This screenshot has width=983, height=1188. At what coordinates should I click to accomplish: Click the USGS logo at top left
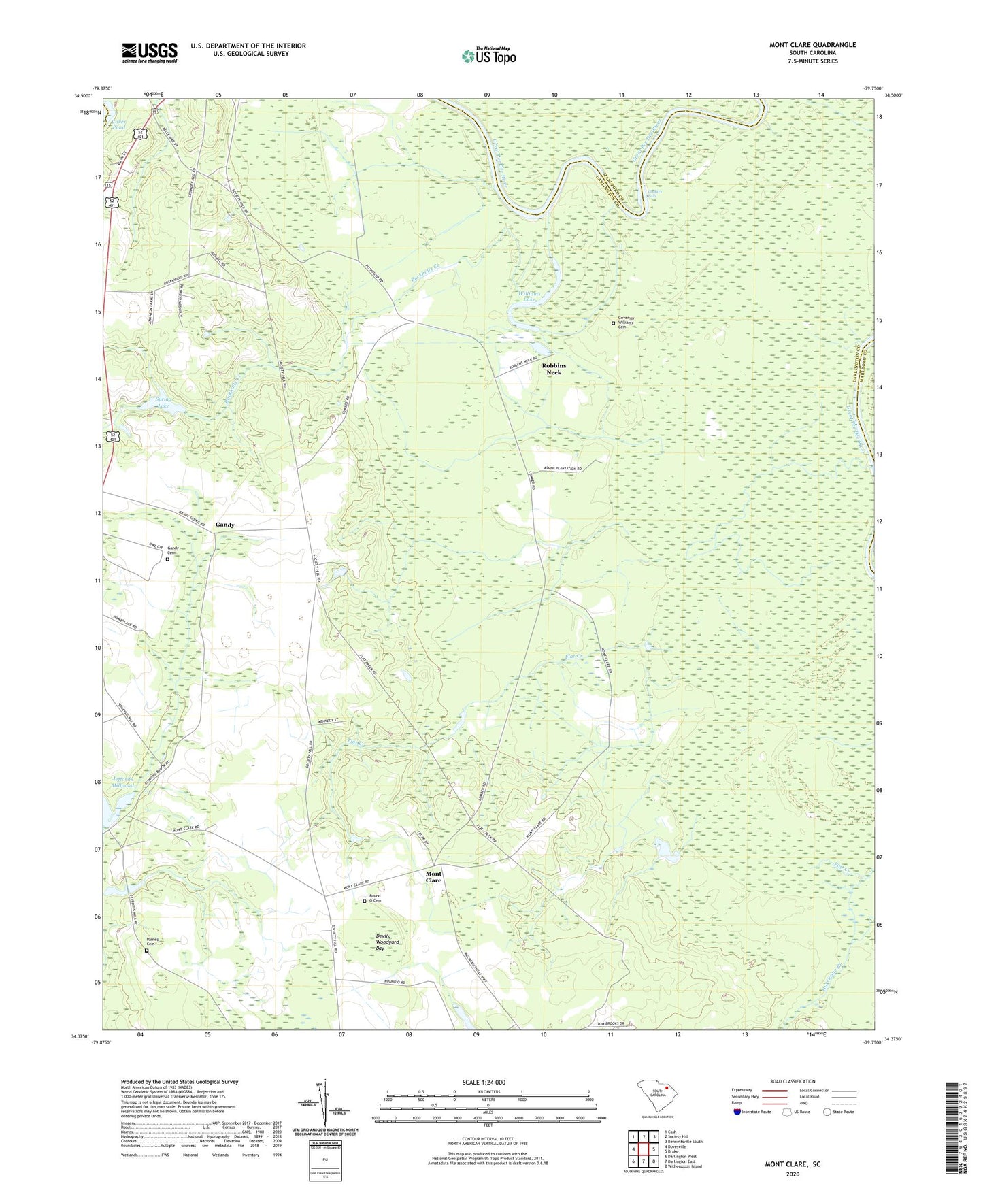pyautogui.click(x=150, y=52)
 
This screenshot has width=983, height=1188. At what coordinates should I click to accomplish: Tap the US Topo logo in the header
pyautogui.click(x=488, y=56)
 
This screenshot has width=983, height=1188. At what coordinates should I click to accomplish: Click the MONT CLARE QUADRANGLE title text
pyautogui.click(x=812, y=45)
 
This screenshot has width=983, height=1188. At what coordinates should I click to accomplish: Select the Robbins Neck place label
pyautogui.click(x=554, y=369)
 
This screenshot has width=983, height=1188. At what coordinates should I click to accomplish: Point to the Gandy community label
pyautogui.click(x=224, y=525)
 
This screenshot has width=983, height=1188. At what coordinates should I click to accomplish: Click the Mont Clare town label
pyautogui.click(x=433, y=877)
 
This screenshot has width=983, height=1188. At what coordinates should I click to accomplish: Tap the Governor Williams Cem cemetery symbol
pyautogui.click(x=613, y=324)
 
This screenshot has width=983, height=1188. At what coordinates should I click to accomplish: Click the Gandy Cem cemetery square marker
pyautogui.click(x=167, y=559)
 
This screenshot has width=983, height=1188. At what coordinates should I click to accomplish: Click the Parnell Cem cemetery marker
pyautogui.click(x=146, y=951)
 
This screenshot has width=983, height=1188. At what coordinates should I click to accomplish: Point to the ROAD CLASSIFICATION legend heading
pyautogui.click(x=793, y=1081)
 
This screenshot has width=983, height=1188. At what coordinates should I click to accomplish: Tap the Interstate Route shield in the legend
pyautogui.click(x=737, y=1111)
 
